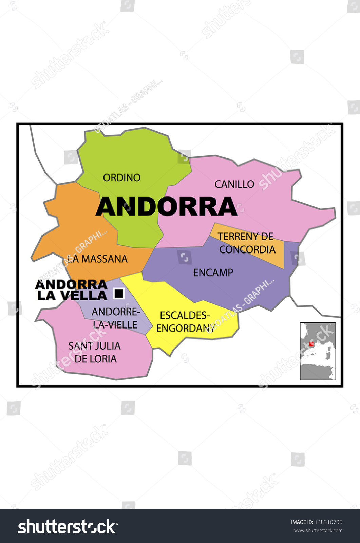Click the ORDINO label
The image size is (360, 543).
121,177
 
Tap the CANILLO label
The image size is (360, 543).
234,184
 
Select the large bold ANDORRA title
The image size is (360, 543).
166,207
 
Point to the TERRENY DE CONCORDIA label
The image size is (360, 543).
246,243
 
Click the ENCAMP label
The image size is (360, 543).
213,272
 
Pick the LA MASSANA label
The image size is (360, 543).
97,259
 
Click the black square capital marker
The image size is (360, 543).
119,293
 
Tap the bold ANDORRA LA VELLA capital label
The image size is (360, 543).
72,290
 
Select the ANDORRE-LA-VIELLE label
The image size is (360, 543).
115,318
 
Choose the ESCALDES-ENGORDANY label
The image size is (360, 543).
185,321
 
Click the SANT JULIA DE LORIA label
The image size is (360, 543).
95,352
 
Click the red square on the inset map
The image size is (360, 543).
311,344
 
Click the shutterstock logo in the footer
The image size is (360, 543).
68,527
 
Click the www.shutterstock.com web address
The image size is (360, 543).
318,530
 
